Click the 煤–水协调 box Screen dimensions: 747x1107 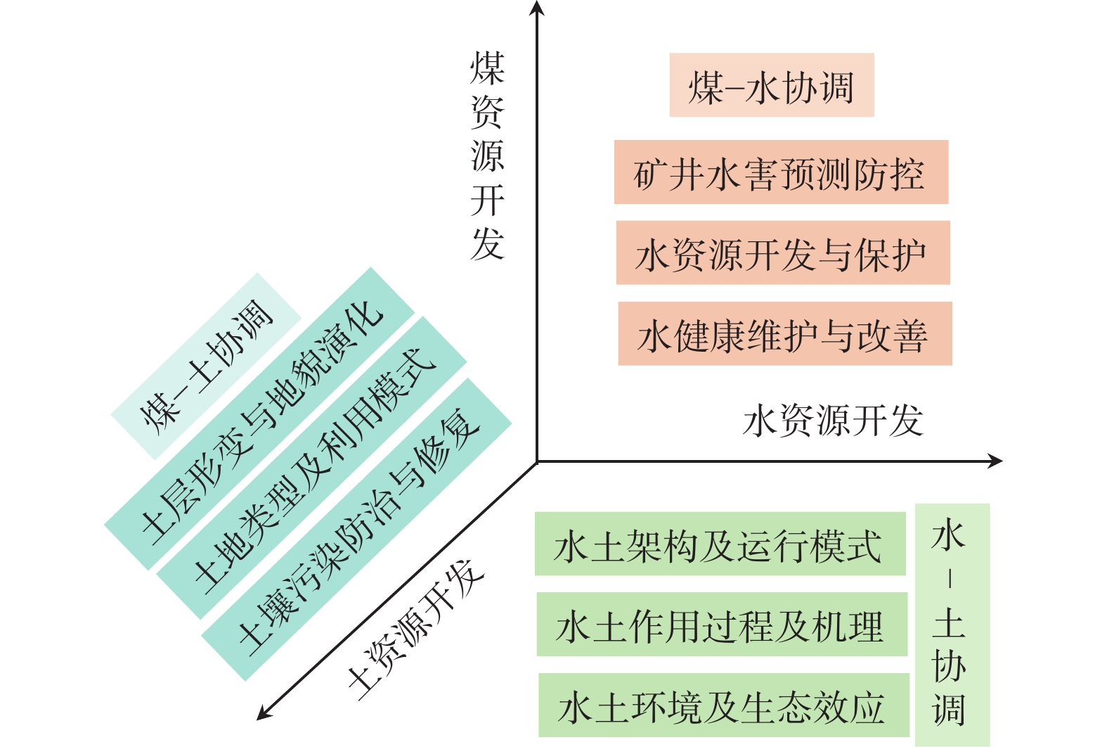pos(771,85)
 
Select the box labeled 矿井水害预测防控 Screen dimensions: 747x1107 pos(781,172)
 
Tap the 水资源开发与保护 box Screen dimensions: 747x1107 pos(782,253)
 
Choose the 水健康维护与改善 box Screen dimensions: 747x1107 pos(784,334)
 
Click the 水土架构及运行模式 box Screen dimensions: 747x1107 pos(720,544)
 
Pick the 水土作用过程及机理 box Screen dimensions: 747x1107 pos(722,625)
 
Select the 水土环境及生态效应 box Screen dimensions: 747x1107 pos(723,705)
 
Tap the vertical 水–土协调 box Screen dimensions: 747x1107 pos(952,625)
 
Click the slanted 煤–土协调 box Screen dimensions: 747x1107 pos(206,366)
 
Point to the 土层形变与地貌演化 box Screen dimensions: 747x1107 pos(259,419)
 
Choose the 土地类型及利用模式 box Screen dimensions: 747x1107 pos(311,468)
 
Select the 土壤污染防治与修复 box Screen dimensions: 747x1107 pos(356,529)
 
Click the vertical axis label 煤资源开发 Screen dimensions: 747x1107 pos(487,155)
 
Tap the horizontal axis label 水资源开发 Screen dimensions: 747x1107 pos(832,421)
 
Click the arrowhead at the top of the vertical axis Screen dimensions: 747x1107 pos(537,8)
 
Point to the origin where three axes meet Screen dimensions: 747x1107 pos(537,462)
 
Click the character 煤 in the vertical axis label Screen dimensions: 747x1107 pos(487,68)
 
